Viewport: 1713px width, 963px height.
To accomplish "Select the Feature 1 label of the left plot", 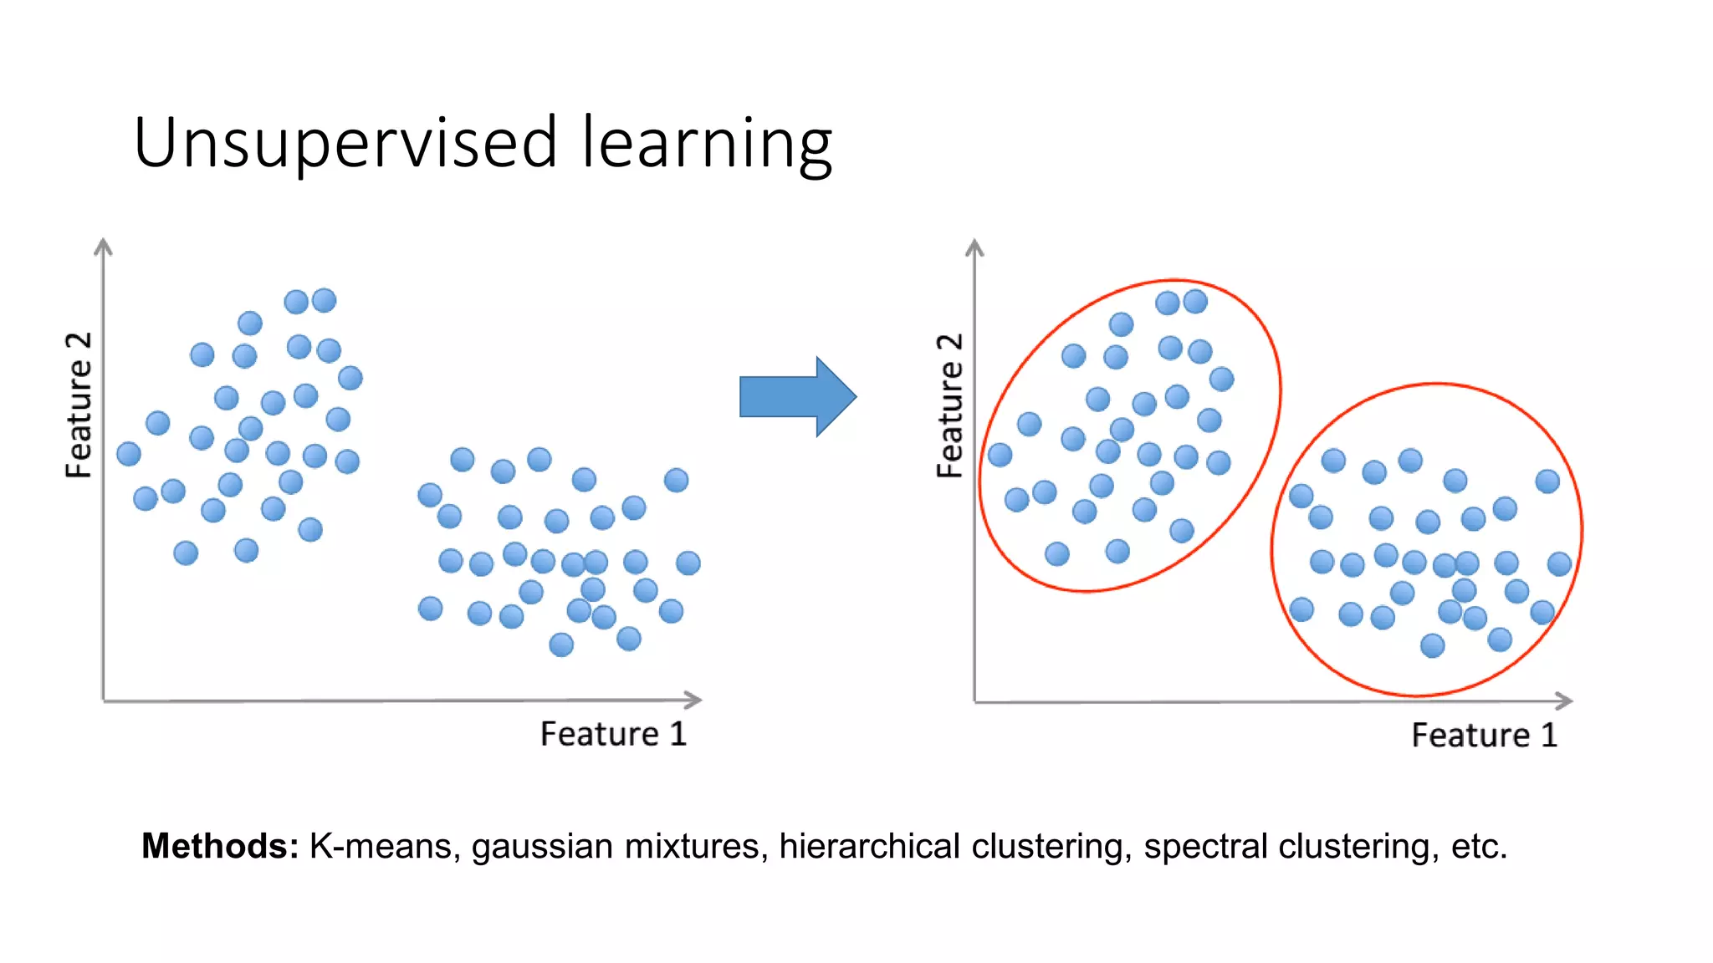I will pos(613,734).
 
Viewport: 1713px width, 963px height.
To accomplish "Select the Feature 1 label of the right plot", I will pos(1484,736).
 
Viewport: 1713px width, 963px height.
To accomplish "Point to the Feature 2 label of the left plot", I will pos(79,405).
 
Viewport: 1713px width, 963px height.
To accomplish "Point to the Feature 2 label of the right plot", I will pos(949,405).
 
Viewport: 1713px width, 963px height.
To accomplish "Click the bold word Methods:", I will pos(220,846).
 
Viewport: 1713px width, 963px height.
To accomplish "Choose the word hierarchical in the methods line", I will pos(869,846).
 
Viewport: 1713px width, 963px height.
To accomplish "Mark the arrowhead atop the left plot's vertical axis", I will pos(103,245).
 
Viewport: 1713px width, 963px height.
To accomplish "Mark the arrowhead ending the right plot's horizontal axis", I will pos(1563,701).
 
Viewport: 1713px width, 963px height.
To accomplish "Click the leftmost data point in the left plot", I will pos(129,454).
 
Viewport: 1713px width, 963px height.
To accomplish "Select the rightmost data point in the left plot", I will pos(688,563).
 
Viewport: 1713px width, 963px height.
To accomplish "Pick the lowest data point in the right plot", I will pos(1432,645).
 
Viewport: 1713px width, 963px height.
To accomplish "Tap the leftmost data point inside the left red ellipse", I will pos(1000,455).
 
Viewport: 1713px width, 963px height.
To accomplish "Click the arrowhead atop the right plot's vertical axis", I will pos(974,247).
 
